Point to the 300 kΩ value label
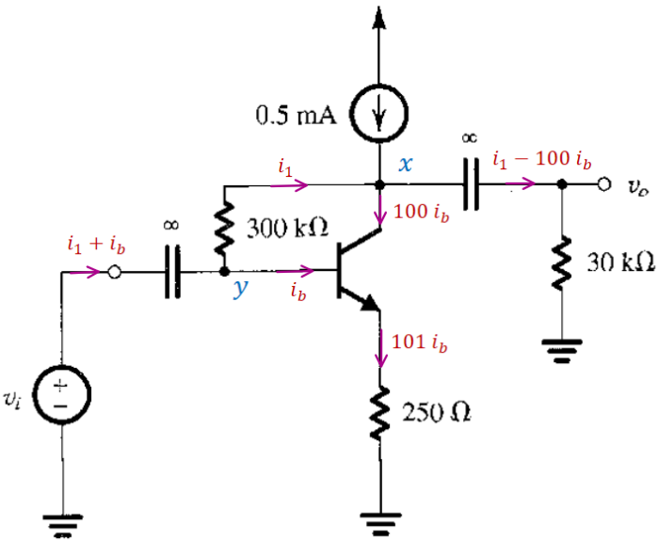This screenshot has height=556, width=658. pyautogui.click(x=286, y=227)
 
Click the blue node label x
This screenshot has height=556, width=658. pyautogui.click(x=406, y=165)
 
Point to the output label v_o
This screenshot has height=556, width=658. pyautogui.click(x=633, y=185)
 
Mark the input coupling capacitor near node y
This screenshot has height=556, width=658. pyautogui.click(x=171, y=273)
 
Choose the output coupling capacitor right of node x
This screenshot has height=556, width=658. pyautogui.click(x=468, y=184)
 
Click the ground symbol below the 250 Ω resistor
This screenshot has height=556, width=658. pyautogui.click(x=379, y=519)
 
